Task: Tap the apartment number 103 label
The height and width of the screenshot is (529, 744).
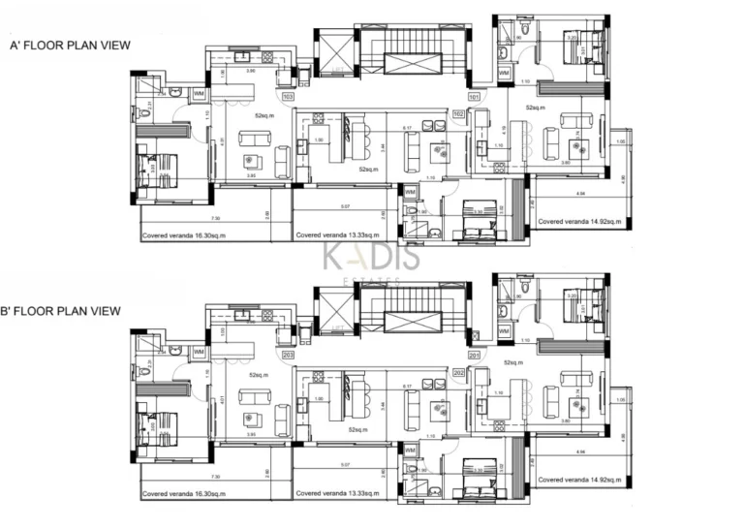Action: [288, 97]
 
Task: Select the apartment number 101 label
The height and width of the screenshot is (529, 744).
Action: [474, 97]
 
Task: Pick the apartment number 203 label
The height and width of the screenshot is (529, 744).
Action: [288, 355]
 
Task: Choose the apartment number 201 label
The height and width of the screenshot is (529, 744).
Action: [474, 342]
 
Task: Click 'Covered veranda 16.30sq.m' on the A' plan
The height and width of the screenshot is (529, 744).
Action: [184, 235]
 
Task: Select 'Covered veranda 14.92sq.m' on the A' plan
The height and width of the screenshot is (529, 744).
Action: [576, 222]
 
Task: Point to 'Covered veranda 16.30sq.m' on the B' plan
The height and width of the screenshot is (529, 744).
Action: [184, 493]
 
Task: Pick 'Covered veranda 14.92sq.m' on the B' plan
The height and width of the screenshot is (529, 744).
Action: [576, 480]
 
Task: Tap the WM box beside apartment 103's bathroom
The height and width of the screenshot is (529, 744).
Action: [199, 94]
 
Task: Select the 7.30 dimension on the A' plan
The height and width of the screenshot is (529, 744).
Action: [215, 218]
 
